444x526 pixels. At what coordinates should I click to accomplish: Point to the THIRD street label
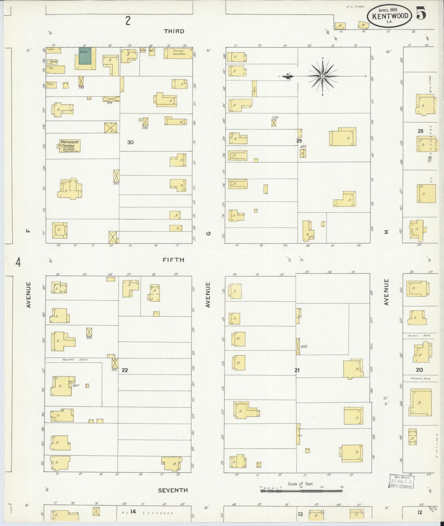174,31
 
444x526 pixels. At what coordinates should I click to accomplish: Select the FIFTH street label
173,260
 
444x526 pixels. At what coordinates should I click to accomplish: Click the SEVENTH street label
173,490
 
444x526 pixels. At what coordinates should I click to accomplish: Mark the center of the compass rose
323,76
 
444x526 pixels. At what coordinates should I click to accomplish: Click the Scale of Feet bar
301,491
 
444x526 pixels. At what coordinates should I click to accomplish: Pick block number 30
130,142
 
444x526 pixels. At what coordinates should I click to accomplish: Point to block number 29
299,141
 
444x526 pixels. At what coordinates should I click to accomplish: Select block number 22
124,370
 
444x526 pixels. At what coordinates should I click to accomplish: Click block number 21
297,370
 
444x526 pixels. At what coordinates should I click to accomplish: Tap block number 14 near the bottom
133,512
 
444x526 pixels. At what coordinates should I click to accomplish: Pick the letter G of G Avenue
208,233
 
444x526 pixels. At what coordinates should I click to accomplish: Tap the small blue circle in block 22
74,385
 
